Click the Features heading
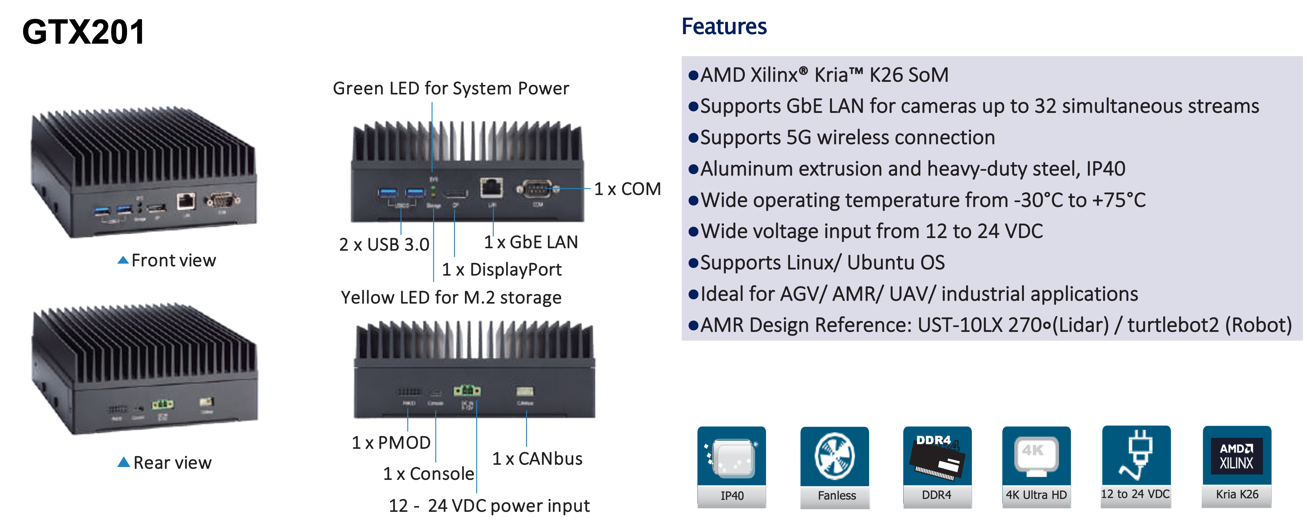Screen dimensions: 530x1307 point(724,26)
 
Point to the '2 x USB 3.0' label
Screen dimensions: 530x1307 point(384,245)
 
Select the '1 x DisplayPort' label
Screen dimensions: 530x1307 point(501,269)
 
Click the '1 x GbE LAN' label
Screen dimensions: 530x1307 point(531,242)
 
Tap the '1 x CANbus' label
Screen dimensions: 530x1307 point(537,459)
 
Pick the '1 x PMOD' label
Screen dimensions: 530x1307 point(391,443)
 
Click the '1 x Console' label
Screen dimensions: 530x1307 point(428,474)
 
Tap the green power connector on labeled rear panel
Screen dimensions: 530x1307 point(467,391)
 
